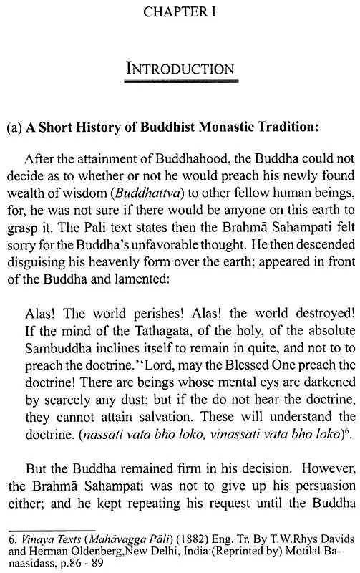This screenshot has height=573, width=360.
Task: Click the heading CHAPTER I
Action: click(180, 14)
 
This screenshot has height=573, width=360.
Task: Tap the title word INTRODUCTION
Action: click(180, 70)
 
